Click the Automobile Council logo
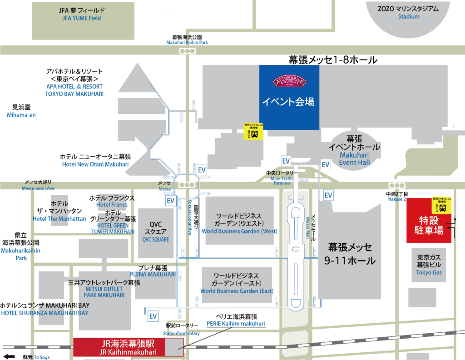[x=289, y=82]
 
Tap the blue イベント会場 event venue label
[x=288, y=102]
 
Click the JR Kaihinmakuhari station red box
[x=129, y=347]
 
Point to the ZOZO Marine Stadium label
[x=409, y=12]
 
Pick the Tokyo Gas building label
[x=429, y=264]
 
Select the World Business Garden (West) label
[x=239, y=223]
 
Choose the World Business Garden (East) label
[x=236, y=283]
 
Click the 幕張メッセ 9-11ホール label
[x=350, y=254]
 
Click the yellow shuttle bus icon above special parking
[x=441, y=205]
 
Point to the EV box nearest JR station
[x=153, y=316]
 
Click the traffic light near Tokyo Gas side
[x=397, y=185]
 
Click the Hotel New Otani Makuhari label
[x=95, y=164]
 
